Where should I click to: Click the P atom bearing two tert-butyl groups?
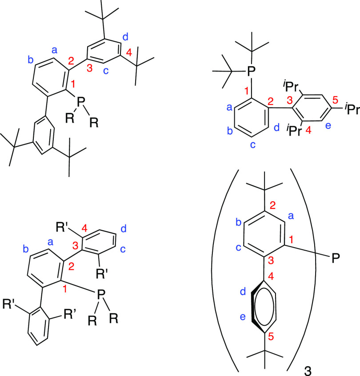coord(251,70)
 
